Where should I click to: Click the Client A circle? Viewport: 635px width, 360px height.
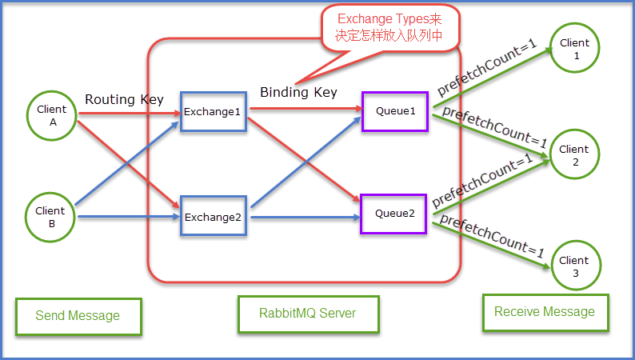click(x=52, y=116)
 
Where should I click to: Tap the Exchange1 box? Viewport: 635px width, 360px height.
click(x=212, y=112)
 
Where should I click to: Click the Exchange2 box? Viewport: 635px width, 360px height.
click(x=212, y=216)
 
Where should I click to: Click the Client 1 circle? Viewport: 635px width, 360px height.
click(x=574, y=49)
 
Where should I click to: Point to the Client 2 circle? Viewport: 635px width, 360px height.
click(x=574, y=155)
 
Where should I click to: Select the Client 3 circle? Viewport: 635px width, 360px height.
click(x=574, y=266)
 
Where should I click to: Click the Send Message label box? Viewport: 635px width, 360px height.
click(x=78, y=316)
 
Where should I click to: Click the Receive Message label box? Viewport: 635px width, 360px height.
click(x=545, y=311)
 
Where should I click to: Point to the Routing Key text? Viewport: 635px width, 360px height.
click(x=124, y=99)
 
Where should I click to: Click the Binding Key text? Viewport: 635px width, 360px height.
click(x=298, y=92)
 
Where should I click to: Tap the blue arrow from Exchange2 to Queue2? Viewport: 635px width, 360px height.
click(x=304, y=216)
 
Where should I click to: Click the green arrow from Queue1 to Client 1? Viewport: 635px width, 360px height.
click(x=492, y=78)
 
